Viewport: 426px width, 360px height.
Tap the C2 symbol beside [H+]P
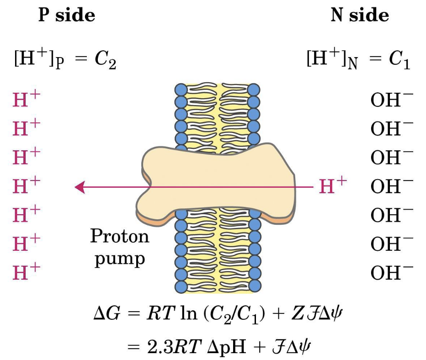(106, 61)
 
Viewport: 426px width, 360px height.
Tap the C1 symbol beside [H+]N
(399, 61)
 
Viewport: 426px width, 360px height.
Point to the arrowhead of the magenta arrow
(80, 187)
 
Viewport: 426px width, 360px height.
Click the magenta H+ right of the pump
(333, 185)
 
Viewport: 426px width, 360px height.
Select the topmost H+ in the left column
(27, 99)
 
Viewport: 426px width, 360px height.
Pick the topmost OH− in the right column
(392, 100)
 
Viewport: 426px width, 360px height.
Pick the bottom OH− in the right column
(392, 272)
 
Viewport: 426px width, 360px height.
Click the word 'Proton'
(120, 236)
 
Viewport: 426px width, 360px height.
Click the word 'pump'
(120, 259)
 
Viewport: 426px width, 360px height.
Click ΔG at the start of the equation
(107, 313)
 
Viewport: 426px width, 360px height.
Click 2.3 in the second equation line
(160, 346)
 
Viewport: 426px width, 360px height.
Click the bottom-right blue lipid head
(255, 286)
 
